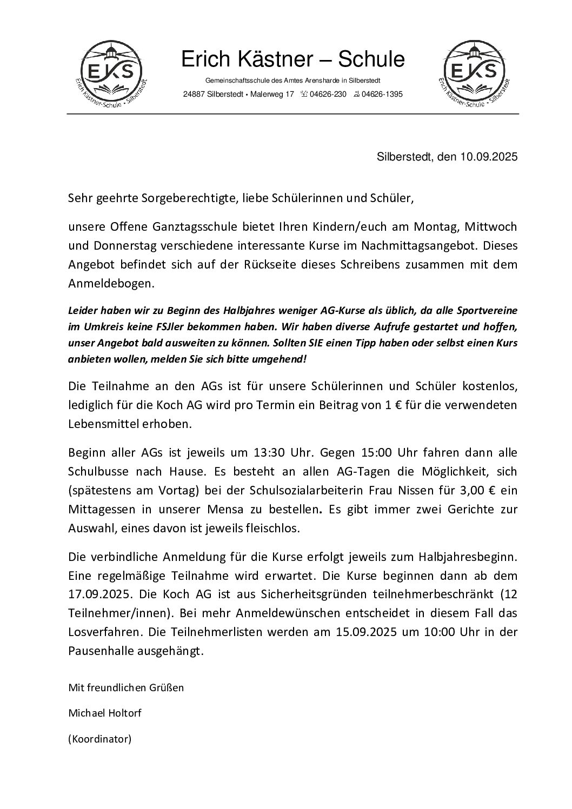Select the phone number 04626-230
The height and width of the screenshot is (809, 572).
328,95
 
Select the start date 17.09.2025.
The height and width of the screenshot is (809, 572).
98,594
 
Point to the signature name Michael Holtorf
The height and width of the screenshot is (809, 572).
104,713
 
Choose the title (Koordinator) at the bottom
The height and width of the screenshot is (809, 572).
99,738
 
